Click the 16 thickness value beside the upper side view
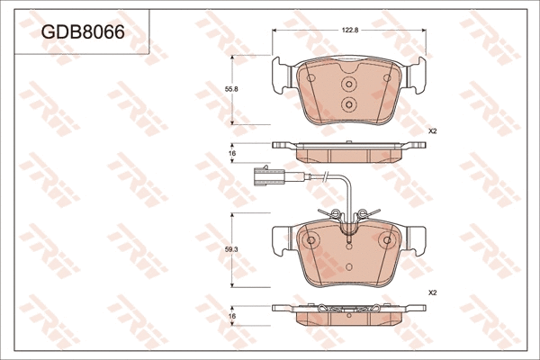tap(231, 155)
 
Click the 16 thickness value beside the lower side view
tap(231, 318)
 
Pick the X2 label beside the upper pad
tap(432, 131)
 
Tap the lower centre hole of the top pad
tap(348, 104)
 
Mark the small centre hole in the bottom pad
tap(348, 243)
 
